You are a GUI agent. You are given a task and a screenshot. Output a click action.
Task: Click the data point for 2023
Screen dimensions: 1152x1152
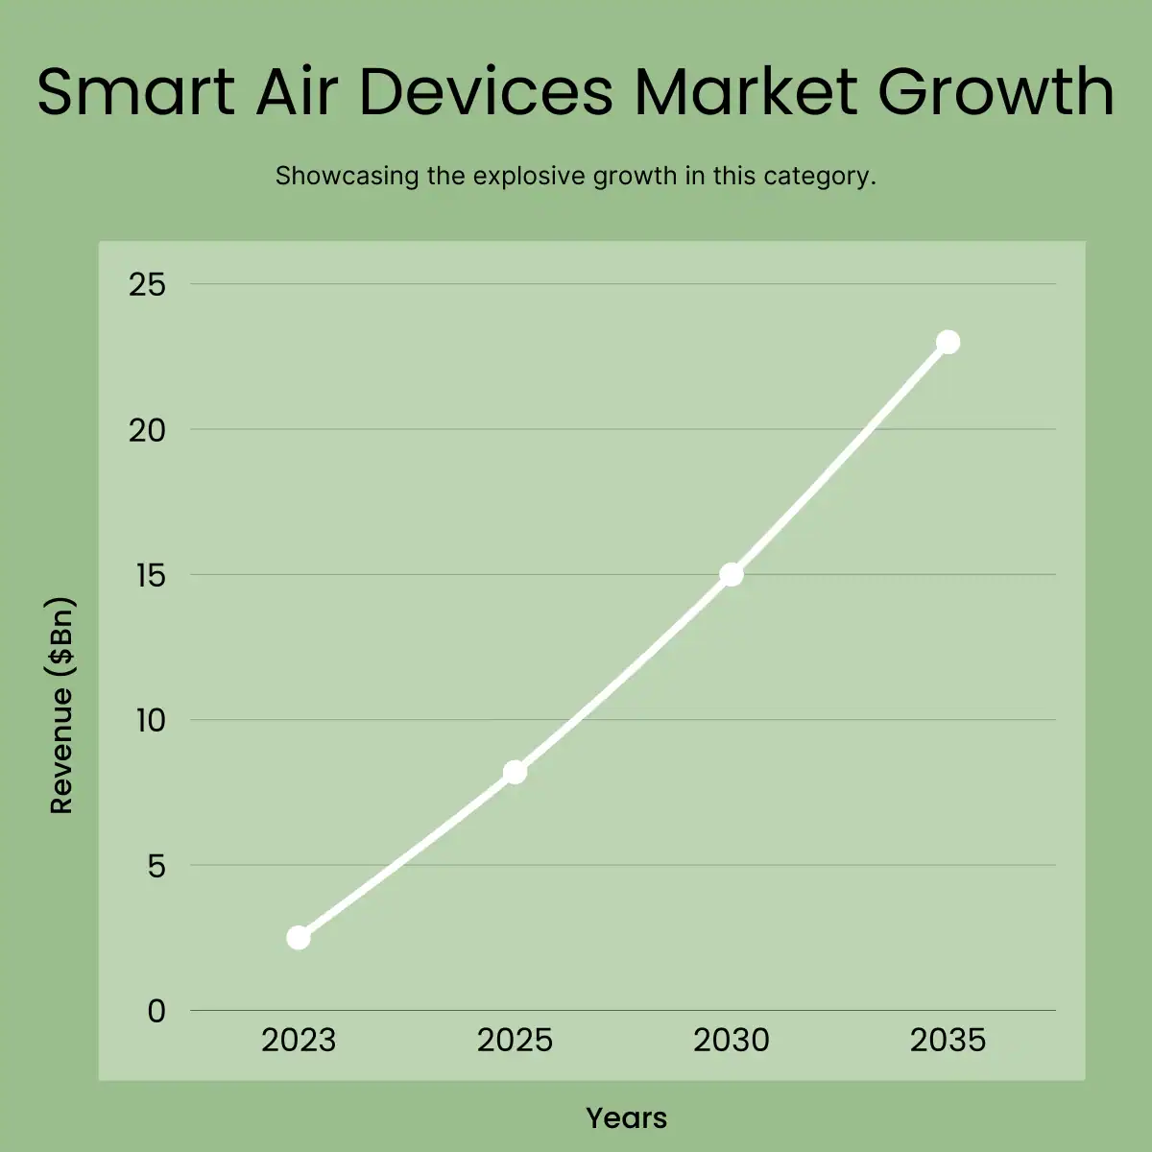point(299,937)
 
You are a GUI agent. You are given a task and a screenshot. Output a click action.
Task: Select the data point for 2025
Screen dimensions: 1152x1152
point(515,772)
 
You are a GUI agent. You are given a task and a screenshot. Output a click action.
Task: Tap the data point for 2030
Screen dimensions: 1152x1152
point(732,574)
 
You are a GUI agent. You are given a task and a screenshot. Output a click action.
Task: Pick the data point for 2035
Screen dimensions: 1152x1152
point(948,342)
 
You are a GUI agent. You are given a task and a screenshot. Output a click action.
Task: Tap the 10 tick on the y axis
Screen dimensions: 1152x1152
point(149,720)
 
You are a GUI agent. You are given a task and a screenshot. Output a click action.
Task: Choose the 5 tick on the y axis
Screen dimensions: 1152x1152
point(156,866)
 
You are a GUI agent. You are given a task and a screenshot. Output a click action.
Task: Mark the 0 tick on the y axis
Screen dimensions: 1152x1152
point(156,1011)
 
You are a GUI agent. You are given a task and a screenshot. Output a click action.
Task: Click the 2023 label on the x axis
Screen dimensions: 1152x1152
point(299,1041)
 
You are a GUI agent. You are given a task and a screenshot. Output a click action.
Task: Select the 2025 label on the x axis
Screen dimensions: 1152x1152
point(515,1041)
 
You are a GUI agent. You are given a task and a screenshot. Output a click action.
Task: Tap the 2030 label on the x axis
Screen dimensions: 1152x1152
point(732,1041)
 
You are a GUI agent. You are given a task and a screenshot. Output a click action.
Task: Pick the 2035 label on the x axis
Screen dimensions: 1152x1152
point(948,1041)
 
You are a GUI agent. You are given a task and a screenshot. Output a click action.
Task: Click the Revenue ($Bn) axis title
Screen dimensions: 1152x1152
point(61,706)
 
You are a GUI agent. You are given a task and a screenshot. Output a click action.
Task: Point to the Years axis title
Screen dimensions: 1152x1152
point(626,1117)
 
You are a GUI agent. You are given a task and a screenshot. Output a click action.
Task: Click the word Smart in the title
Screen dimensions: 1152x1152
point(135,92)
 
